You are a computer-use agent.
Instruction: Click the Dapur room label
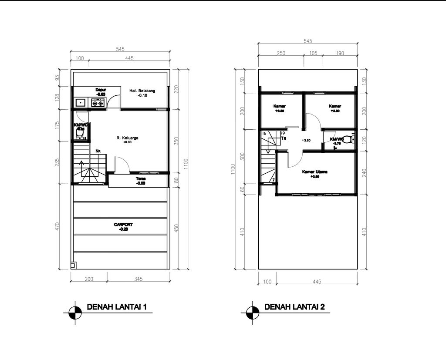coord(101,90)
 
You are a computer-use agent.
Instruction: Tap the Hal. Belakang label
coord(142,91)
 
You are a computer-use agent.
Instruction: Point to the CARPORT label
coord(123,225)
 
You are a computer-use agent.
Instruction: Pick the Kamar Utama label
coord(315,172)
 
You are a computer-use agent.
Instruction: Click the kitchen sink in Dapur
coord(81,103)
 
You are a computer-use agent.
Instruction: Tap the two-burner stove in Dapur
coord(98,103)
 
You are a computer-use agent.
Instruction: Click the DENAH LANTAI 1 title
coord(117,307)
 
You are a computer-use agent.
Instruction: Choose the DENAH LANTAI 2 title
coord(294,307)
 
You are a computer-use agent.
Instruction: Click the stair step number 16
coord(264,133)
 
